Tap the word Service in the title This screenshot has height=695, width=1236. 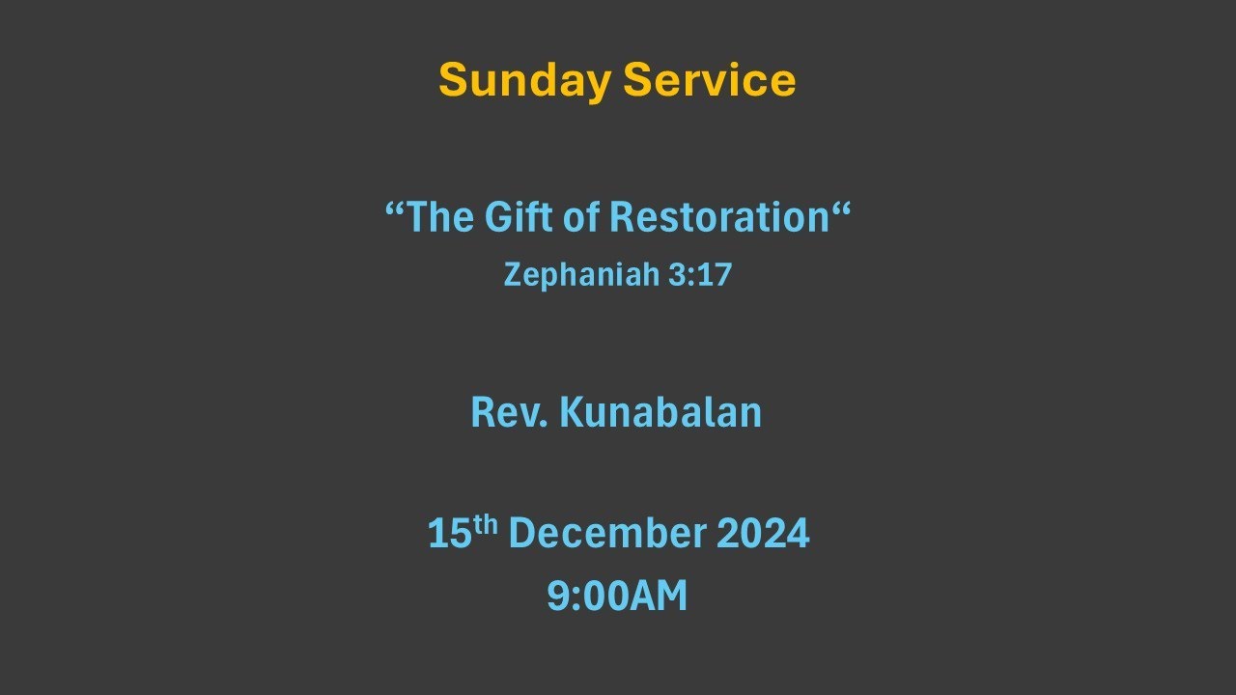click(x=710, y=80)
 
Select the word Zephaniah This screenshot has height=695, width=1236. click(x=580, y=276)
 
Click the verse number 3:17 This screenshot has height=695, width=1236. click(x=700, y=275)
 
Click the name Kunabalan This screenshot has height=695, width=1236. click(x=660, y=412)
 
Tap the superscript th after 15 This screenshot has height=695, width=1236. click(x=486, y=524)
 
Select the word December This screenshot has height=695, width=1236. click(x=607, y=534)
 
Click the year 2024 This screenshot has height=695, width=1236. click(x=763, y=534)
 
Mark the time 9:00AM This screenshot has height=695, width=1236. click(x=617, y=597)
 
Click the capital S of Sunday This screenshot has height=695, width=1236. click(x=451, y=80)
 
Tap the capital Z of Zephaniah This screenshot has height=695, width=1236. click(x=512, y=276)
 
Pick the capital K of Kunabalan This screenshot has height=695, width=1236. click(x=571, y=412)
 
